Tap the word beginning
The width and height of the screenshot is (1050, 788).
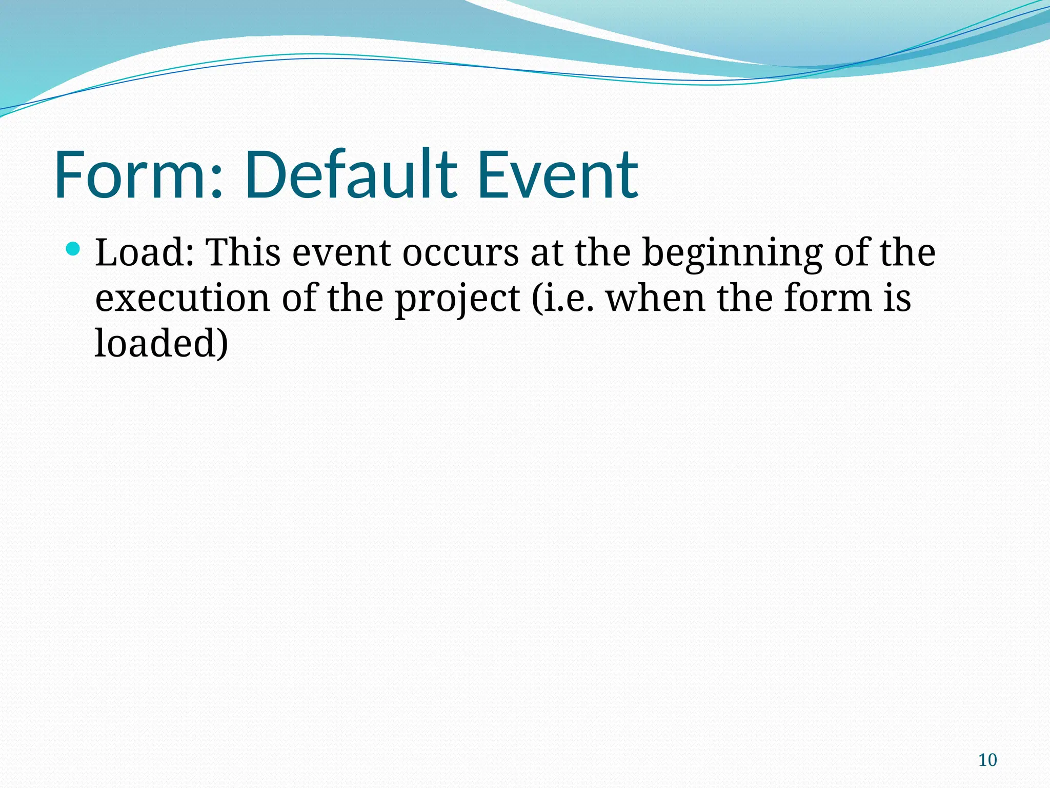[732, 253]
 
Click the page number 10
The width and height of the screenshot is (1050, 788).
[987, 760]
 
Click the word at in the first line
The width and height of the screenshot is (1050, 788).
[547, 253]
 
